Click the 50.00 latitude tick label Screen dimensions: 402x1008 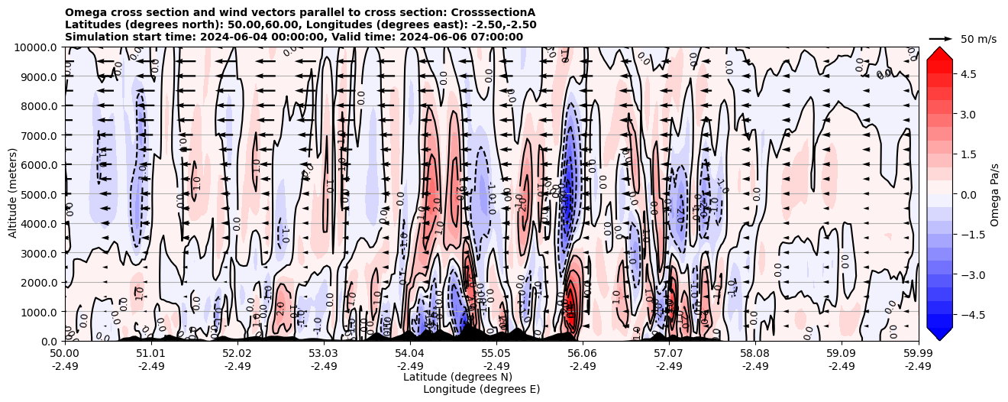(x=65, y=354)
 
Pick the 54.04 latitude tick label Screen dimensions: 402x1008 (x=410, y=354)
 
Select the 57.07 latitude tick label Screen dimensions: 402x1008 (x=669, y=354)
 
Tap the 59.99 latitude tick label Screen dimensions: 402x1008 (x=918, y=354)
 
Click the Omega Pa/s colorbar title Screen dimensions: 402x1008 (x=994, y=194)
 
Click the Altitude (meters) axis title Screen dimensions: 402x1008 (x=13, y=194)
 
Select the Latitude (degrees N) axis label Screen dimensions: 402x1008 (x=457, y=377)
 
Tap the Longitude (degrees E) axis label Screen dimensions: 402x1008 (x=481, y=389)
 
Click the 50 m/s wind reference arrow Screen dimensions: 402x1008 (x=941, y=38)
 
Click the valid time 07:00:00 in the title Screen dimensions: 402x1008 (x=496, y=37)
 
